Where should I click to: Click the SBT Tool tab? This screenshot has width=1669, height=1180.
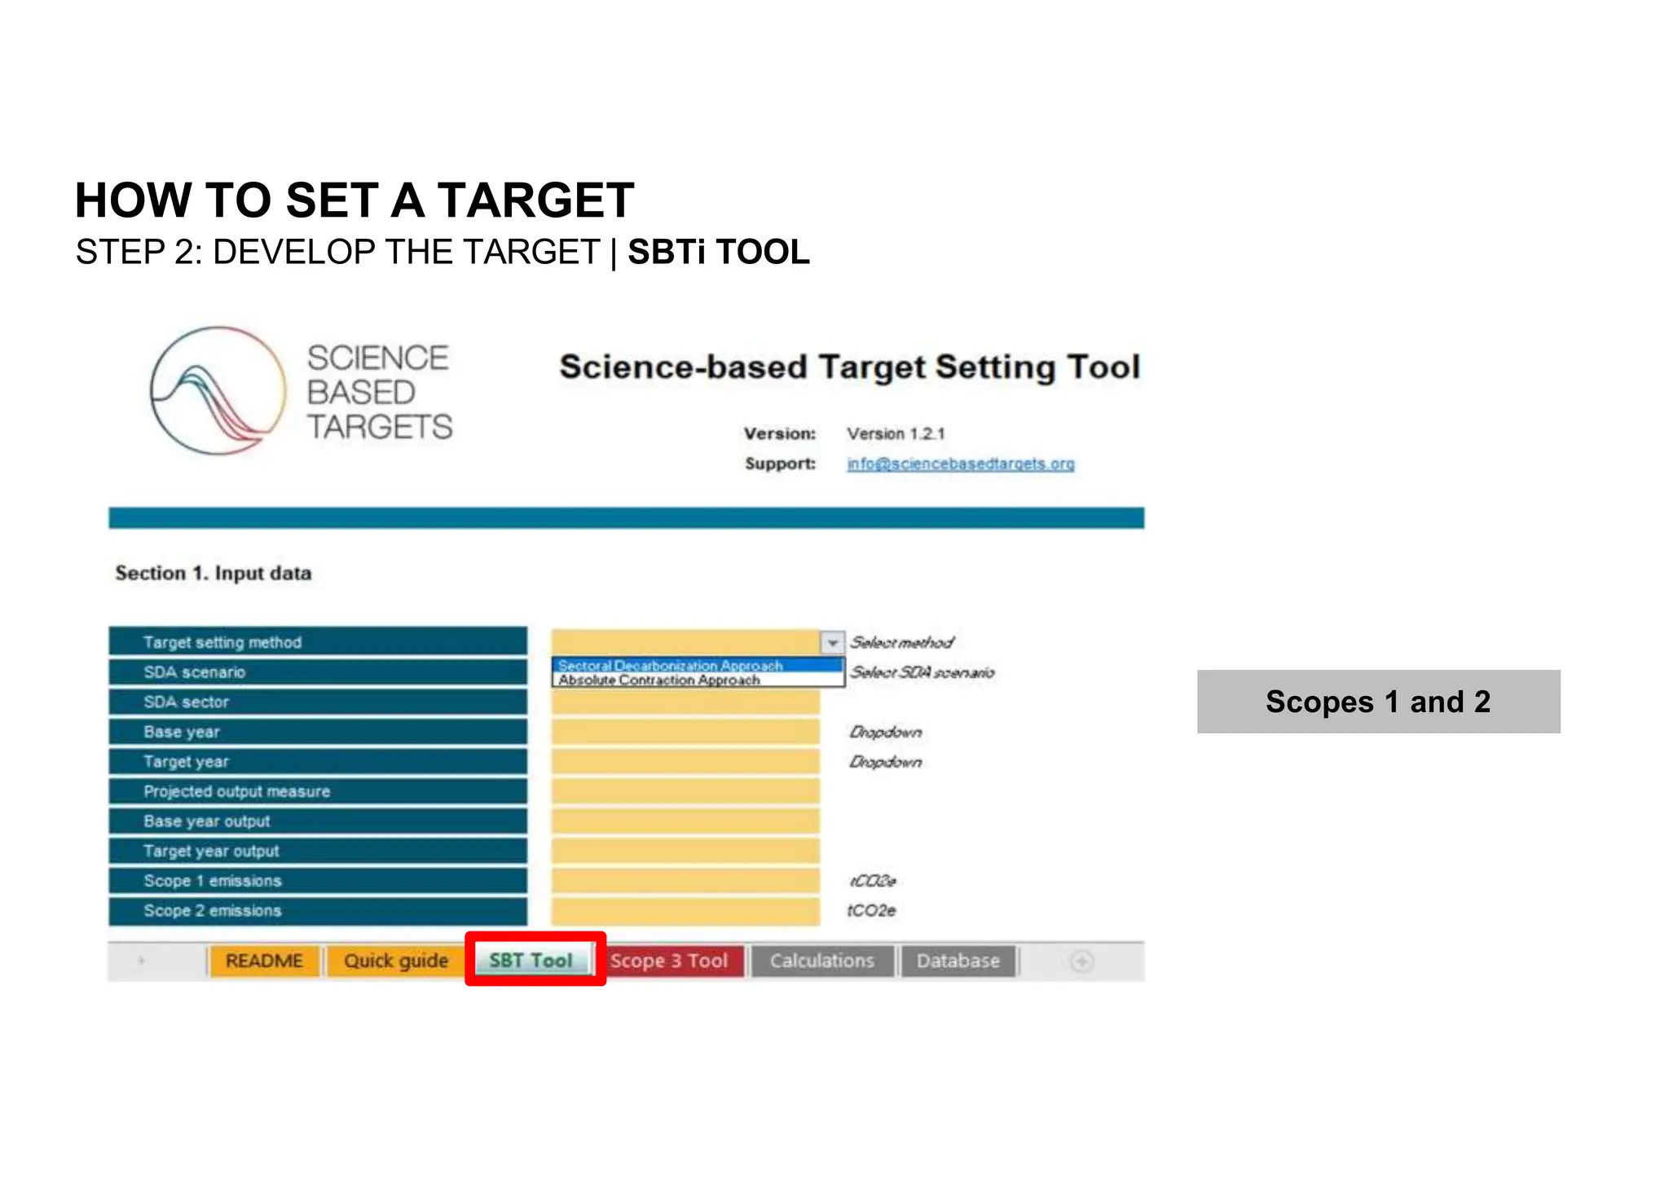[x=531, y=961]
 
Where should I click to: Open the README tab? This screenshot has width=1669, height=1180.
[x=264, y=961]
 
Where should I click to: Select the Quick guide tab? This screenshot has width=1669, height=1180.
[x=395, y=961]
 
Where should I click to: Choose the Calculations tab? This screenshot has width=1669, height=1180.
[x=821, y=961]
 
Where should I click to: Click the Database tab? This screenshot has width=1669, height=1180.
[x=958, y=961]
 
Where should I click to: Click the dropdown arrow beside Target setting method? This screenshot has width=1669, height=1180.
[x=832, y=643]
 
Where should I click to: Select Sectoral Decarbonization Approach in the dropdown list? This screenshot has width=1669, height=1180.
[x=670, y=666]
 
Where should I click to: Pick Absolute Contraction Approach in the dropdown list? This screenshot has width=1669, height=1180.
[x=659, y=680]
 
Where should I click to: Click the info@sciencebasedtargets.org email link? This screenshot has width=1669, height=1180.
[x=960, y=464]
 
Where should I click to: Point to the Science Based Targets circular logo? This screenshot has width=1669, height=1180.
[x=218, y=390]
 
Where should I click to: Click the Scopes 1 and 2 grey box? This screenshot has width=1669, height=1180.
[x=1378, y=702]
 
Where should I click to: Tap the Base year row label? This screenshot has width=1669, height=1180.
[x=182, y=732]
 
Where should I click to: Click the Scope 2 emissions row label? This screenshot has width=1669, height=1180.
[x=213, y=910]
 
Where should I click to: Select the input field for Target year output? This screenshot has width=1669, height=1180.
[x=685, y=851]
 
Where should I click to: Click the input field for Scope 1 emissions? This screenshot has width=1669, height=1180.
[x=685, y=881]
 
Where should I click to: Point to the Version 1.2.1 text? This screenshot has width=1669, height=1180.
[x=896, y=434]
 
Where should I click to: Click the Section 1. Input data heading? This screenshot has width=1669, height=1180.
[x=214, y=573]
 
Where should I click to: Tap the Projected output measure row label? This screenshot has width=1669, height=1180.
[x=237, y=791]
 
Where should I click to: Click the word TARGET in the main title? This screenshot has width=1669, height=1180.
[x=535, y=200]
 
